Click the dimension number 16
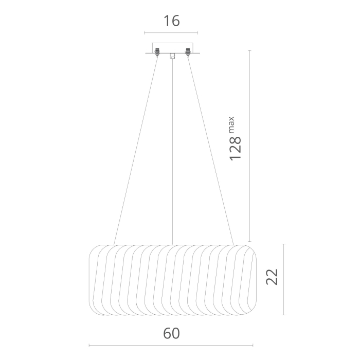click(171, 21)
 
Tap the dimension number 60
click(171, 333)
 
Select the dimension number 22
click(272, 277)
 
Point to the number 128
click(236, 149)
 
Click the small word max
click(231, 124)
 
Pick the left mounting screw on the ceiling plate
click(157, 52)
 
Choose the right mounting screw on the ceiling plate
click(188, 52)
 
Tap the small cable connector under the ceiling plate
click(172, 56)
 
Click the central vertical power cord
click(172, 152)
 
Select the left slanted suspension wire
click(136, 151)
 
